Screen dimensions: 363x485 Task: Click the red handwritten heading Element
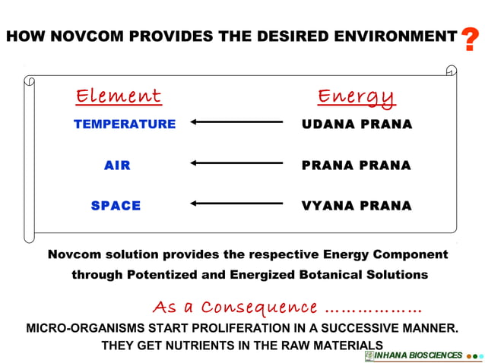(x=119, y=96)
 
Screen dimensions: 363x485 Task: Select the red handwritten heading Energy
(x=357, y=97)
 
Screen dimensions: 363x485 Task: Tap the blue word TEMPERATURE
(x=125, y=124)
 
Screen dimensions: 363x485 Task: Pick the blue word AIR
(x=117, y=165)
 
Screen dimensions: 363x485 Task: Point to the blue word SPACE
(x=116, y=205)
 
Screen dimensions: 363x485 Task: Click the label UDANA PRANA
(x=357, y=124)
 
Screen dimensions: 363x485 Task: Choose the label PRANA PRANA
(x=356, y=165)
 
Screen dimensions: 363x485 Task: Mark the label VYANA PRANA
(x=357, y=205)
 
